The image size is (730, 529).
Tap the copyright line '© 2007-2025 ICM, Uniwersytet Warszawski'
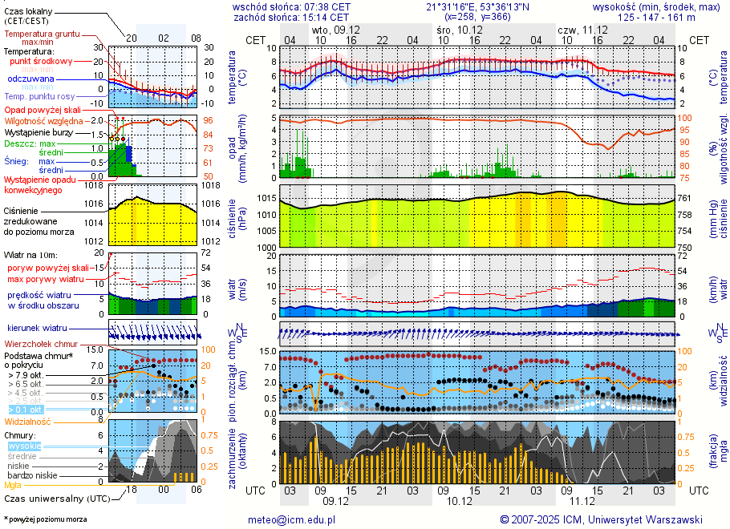click(601, 519)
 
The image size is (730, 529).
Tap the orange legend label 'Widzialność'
click(28, 420)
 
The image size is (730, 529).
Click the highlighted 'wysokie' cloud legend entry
click(24, 446)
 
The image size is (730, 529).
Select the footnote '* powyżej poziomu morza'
click(45, 519)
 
